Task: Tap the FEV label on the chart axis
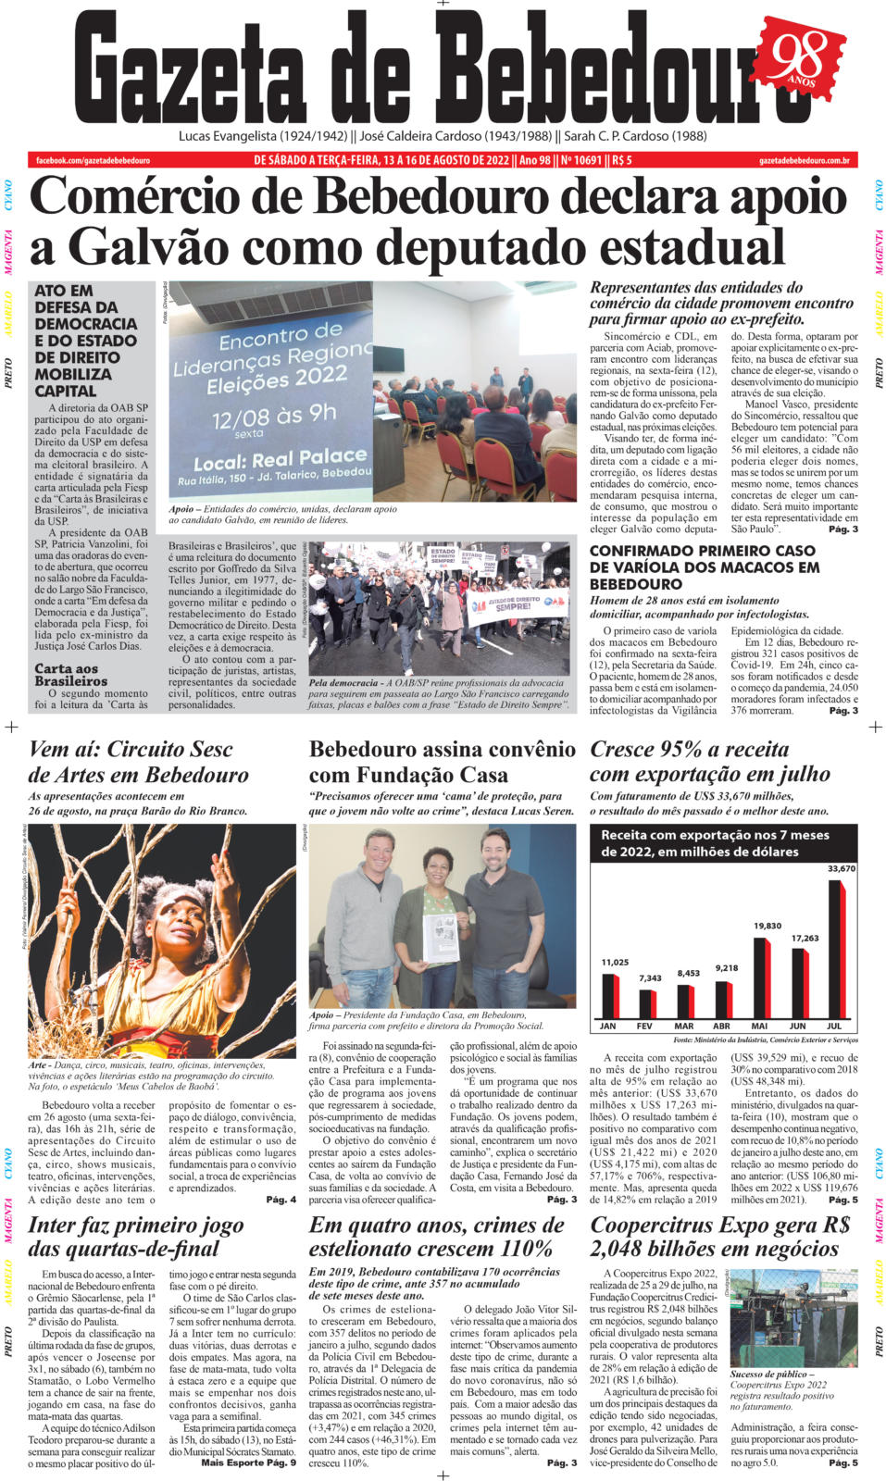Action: point(644,1026)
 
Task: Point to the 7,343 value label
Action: point(650,977)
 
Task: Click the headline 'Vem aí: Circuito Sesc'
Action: point(131,749)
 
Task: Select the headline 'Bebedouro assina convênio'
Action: point(442,749)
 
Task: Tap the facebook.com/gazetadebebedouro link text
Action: point(94,160)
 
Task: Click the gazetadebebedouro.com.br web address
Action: point(803,160)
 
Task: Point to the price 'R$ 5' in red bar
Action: point(622,160)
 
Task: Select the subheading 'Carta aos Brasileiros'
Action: point(72,674)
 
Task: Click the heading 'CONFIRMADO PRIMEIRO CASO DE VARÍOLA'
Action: point(704,566)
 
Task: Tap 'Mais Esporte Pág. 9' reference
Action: point(248,1462)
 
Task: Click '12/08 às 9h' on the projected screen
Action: point(273,417)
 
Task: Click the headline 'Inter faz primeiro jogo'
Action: point(136,1225)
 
